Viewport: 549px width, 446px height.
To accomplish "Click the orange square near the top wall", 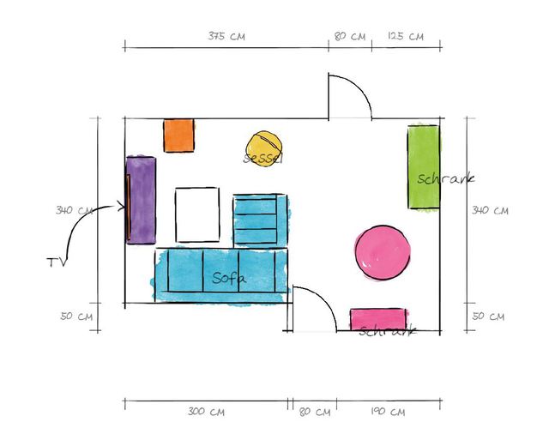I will pos(179,136).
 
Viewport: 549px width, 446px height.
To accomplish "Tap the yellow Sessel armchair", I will pos(263,147).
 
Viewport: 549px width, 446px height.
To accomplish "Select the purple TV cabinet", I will pos(142,200).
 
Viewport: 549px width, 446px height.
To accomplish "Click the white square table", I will pos(197,214).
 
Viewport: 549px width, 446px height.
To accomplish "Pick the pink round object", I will pos(383,252).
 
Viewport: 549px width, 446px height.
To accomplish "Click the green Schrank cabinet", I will pos(423,167).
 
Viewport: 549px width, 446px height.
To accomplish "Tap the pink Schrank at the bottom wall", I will pos(377,320).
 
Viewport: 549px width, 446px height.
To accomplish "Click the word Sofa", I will pos(229,279).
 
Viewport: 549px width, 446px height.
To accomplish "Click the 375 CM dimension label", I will pos(226,36).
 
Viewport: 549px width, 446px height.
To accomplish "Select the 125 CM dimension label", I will pos(405,36).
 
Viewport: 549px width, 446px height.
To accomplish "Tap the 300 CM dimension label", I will pos(206,412).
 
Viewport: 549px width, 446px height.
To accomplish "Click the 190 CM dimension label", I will pos(388,412).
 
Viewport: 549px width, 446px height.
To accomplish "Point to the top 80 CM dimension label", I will pos(350,36).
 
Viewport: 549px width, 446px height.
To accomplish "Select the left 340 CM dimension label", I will pos(75,210).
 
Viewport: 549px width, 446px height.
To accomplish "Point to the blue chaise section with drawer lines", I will pos(259,220).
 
